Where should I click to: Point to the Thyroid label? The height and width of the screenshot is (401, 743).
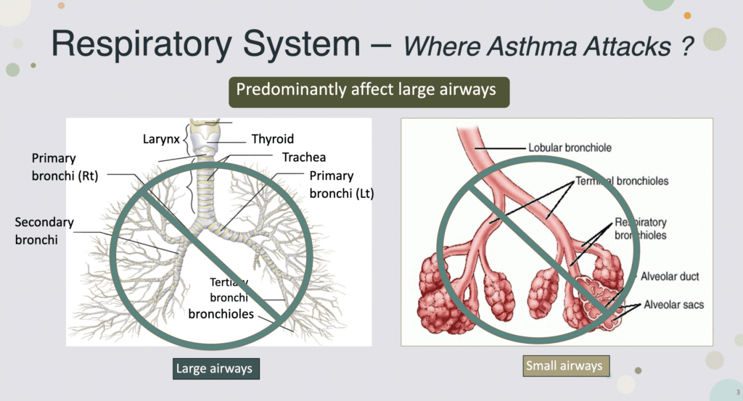tap(273, 139)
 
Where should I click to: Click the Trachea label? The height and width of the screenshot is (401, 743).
tap(304, 157)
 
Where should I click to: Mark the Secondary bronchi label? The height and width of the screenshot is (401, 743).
tap(45, 230)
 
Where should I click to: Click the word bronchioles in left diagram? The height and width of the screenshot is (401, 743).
tap(221, 314)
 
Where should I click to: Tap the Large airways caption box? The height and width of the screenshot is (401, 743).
tap(214, 368)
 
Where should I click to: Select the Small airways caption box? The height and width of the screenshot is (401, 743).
tap(564, 365)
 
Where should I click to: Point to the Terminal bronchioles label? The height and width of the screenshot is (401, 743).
tap(622, 181)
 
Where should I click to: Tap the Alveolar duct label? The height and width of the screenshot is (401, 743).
tap(670, 277)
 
